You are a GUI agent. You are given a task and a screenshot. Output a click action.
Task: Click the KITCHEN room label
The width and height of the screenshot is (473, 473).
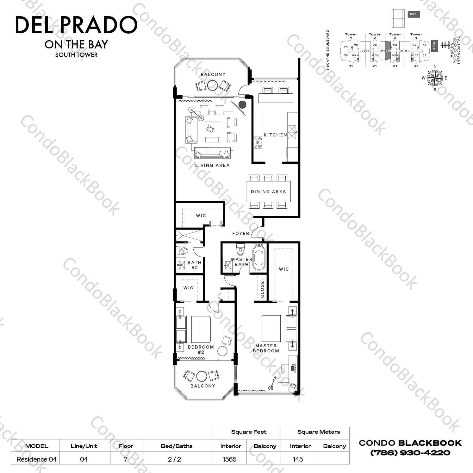click(275, 135)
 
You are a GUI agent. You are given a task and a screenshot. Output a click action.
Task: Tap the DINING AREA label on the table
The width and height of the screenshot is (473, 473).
click(268, 192)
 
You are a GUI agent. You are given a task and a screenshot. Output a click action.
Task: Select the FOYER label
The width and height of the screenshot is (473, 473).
click(241, 233)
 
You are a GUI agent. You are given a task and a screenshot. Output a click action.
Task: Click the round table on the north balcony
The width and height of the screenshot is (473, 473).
click(213, 85)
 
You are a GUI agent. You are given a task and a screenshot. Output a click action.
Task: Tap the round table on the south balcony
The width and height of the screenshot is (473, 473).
click(202, 376)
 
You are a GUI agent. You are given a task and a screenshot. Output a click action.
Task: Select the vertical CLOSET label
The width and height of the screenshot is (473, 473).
click(262, 287)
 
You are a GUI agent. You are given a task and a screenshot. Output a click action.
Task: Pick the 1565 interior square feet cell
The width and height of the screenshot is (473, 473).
click(229, 459)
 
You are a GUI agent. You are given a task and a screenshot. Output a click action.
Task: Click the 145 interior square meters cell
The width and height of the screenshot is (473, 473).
click(298, 459)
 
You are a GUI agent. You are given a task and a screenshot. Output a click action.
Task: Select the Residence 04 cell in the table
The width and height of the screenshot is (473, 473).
click(37, 459)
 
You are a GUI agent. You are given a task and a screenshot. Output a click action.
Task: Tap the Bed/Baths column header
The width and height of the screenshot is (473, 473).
click(177, 446)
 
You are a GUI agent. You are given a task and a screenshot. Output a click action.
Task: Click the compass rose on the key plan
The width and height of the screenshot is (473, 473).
click(434, 78)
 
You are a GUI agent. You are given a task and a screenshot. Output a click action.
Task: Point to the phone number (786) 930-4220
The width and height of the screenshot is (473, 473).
click(410, 453)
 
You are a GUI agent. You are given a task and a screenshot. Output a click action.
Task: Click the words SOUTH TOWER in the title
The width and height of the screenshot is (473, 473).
click(76, 55)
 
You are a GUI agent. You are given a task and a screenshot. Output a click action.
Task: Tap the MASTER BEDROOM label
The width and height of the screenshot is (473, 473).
click(266, 348)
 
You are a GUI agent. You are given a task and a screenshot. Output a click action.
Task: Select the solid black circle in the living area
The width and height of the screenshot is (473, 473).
click(242, 104)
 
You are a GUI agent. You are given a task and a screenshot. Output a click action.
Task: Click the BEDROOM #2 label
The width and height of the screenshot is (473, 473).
click(201, 350)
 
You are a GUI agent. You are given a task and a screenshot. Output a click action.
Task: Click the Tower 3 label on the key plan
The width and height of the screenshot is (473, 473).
click(395, 36)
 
